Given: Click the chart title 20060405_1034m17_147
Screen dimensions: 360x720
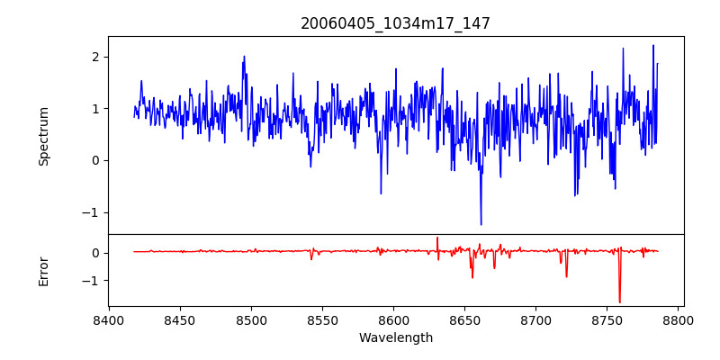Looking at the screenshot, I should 395,23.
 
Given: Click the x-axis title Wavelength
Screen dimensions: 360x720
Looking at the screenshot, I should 395,338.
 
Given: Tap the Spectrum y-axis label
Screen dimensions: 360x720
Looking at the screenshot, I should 44,136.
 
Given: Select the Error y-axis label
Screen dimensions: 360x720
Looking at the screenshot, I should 44,271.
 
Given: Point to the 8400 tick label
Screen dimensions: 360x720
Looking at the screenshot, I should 109,320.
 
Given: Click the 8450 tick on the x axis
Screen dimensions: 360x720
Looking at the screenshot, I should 180,320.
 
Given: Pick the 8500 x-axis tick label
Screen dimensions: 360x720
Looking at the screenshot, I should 251,320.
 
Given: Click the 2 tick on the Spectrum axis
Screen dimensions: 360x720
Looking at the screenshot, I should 94,57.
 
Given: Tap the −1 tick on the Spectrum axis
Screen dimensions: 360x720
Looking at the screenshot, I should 91,212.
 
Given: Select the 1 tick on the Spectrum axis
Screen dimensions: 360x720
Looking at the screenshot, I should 94,109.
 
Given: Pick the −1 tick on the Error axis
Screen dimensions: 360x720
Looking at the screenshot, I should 91,281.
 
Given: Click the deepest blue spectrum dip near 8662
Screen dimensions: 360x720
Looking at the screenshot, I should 481,224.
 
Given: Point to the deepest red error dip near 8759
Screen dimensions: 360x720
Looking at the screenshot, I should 619,302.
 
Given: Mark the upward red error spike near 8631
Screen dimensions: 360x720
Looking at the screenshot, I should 437,238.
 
